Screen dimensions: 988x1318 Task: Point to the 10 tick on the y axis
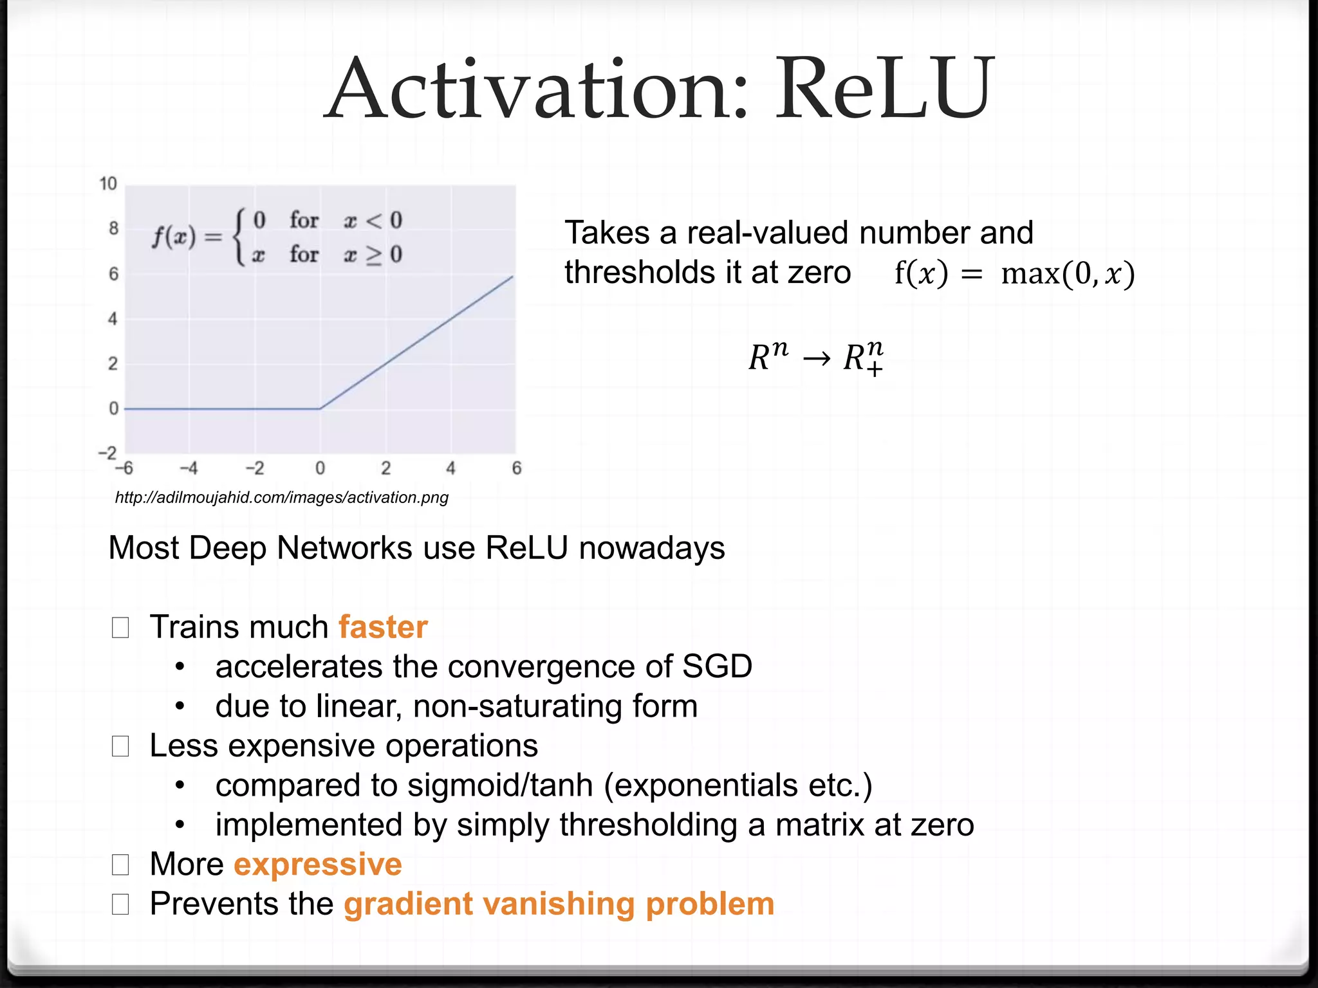108,184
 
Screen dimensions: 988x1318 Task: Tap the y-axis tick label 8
113,228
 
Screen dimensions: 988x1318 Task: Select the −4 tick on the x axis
188,468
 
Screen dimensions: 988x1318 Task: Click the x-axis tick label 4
450,468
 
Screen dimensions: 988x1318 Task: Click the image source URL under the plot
281,497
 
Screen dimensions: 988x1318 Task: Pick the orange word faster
383,627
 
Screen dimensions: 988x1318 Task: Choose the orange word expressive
318,864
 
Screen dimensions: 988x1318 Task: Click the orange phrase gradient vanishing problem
559,904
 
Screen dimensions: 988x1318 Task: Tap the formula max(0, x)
1067,273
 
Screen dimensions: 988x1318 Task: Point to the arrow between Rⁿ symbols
817,358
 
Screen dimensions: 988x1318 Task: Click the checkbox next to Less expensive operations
120,746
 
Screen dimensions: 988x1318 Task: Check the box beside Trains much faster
120,627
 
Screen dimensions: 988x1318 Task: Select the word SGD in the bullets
717,666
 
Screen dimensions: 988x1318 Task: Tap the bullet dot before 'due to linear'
180,706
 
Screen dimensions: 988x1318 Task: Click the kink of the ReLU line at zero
320,408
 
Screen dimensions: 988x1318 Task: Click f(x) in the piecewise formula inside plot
174,237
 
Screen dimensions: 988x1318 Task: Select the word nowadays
652,548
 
